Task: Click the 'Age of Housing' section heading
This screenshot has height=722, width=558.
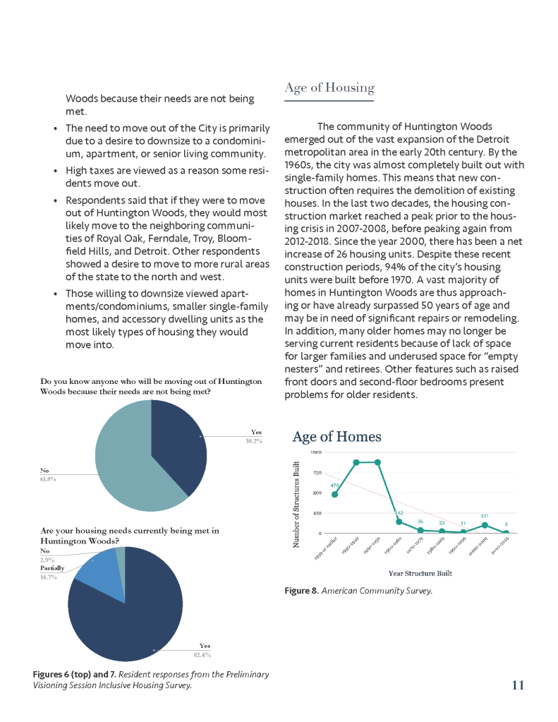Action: pos(329,88)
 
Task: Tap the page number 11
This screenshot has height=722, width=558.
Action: pos(518,685)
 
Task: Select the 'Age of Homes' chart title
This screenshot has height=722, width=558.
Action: pos(336,437)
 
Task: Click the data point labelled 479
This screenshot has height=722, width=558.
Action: pos(335,494)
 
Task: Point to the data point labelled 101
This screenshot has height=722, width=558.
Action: pos(485,524)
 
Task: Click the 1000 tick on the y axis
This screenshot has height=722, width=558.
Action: pos(317,452)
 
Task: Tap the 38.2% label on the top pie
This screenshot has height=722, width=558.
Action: pos(253,441)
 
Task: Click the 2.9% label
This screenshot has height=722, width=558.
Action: pos(49,559)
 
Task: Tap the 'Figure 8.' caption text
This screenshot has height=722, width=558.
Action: pos(301,591)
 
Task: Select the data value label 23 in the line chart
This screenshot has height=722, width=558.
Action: pos(442,522)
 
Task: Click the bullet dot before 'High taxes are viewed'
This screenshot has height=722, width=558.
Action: pos(56,172)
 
